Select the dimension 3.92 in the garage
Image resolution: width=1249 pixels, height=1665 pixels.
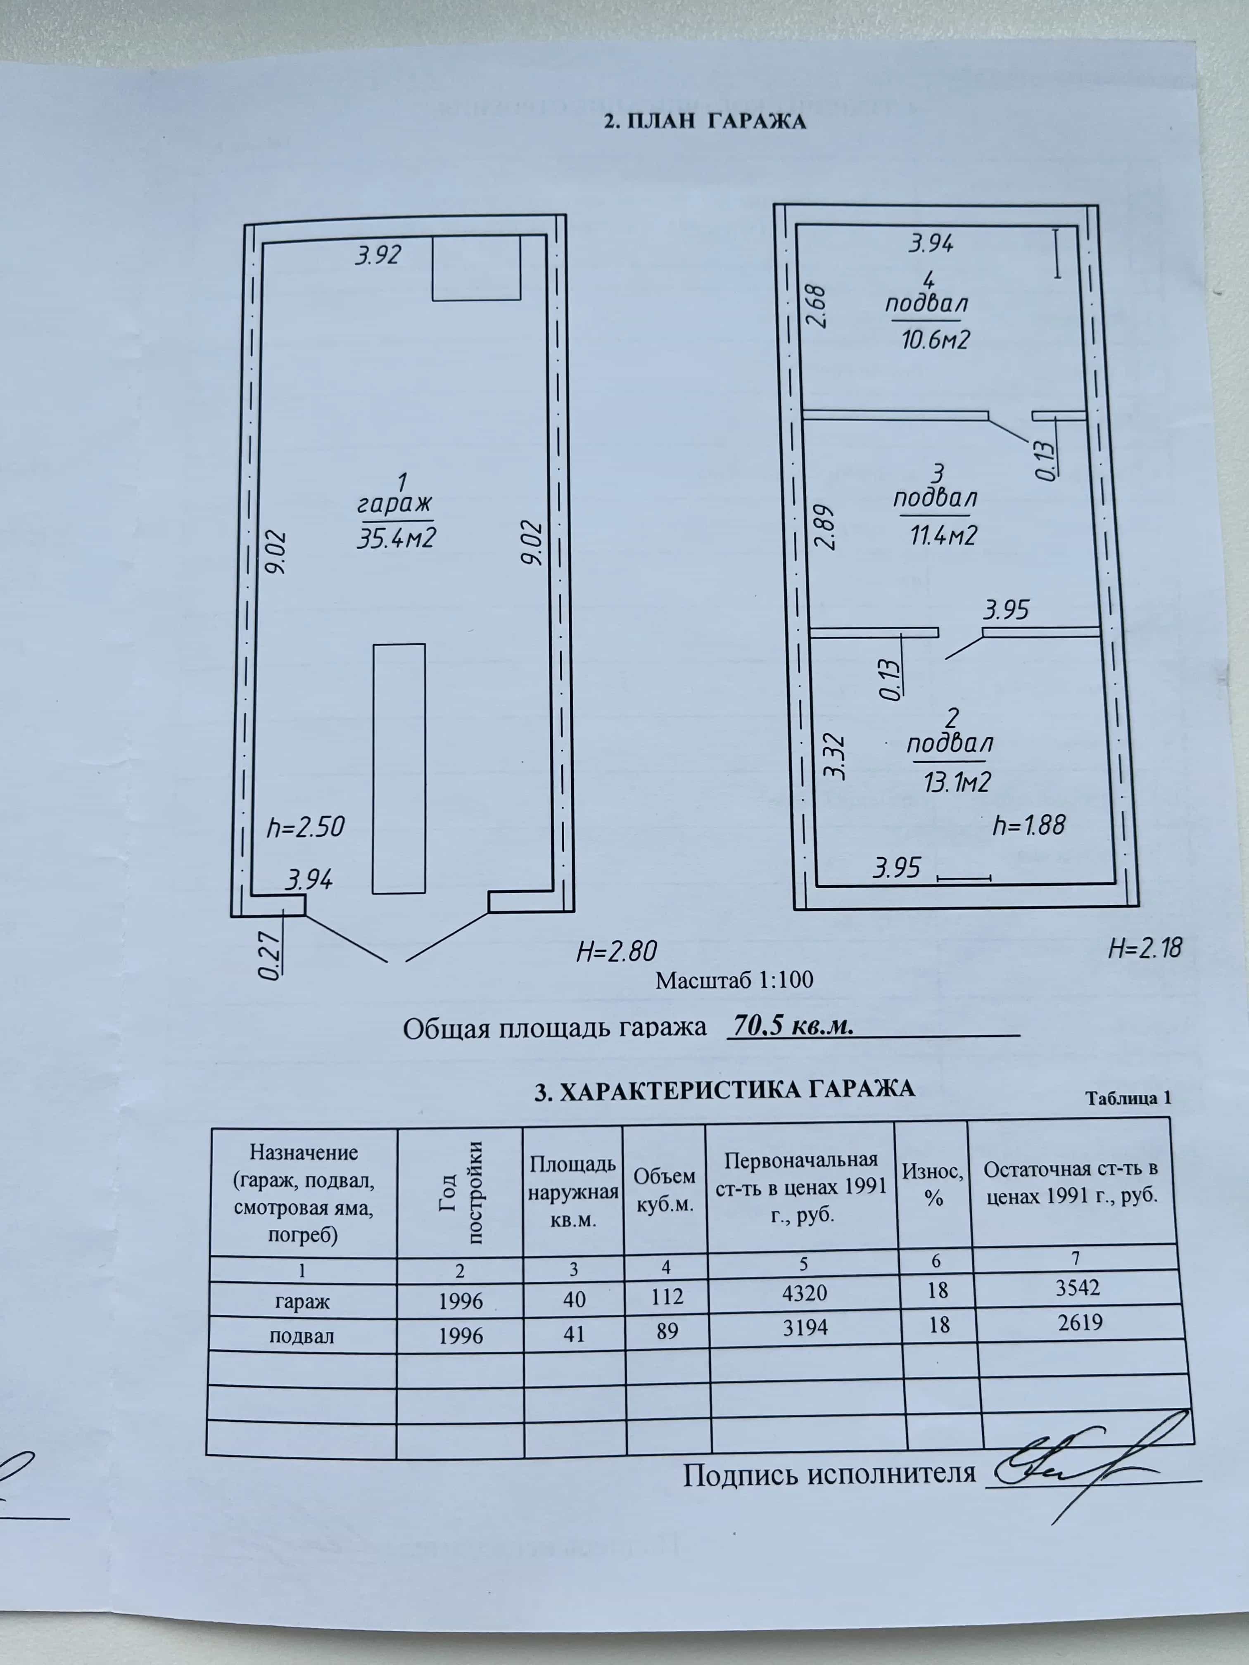pyautogui.click(x=378, y=255)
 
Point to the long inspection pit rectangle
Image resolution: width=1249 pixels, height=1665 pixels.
pyautogui.click(x=399, y=768)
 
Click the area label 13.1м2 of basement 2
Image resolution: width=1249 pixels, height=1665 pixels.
pyautogui.click(x=957, y=782)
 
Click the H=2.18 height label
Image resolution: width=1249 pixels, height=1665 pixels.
pyautogui.click(x=1145, y=947)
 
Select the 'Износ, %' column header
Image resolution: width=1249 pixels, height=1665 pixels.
pyautogui.click(x=933, y=1184)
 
